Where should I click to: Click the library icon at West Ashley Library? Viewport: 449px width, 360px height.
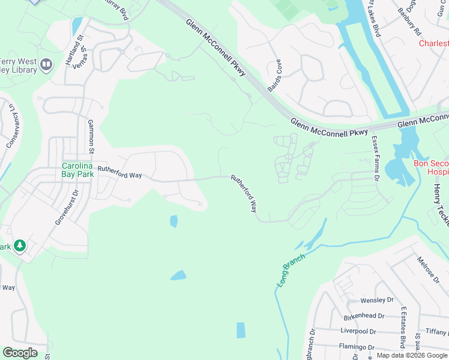[47, 64]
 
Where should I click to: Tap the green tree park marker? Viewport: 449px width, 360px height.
[20, 246]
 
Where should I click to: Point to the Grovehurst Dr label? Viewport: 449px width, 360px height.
[67, 208]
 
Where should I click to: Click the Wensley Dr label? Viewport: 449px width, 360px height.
[376, 300]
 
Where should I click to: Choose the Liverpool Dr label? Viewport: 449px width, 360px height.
[357, 331]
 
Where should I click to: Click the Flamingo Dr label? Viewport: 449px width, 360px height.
[357, 347]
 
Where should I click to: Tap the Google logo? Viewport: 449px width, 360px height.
[20, 353]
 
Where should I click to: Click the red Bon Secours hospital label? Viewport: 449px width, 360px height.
[431, 167]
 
